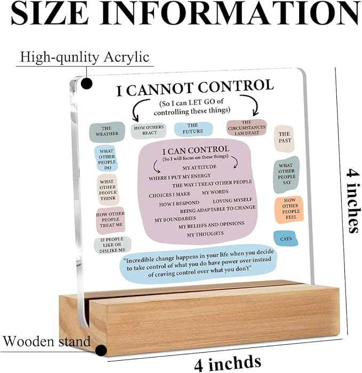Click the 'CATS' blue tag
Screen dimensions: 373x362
tap(285, 238)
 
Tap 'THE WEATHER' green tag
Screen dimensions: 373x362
tap(107, 132)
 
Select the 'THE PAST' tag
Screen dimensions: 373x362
tap(284, 138)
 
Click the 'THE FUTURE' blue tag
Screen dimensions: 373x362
tap(193, 129)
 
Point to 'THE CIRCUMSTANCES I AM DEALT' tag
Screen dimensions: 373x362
tap(246, 128)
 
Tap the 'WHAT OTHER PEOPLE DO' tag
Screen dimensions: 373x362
tap(106, 158)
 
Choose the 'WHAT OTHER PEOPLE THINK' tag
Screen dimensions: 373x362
tap(108, 189)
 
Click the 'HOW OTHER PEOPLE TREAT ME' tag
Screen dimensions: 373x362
tap(110, 220)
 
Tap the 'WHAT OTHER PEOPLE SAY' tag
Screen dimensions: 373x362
tap(286, 174)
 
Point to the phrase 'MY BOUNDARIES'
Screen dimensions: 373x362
tap(175, 219)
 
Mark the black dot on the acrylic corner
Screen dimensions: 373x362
tap(87, 83)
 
